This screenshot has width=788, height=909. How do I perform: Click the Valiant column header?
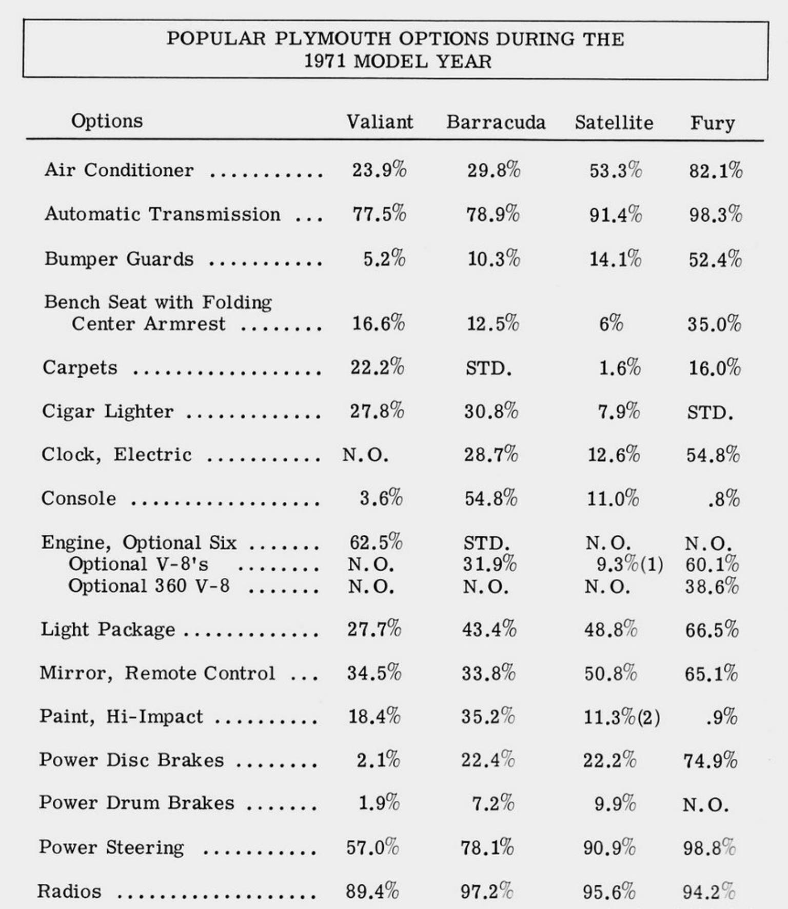379,122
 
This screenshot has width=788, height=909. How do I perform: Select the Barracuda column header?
496,123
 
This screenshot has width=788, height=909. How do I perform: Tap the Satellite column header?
614,123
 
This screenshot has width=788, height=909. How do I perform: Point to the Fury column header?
712,124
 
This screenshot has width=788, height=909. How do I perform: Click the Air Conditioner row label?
119,170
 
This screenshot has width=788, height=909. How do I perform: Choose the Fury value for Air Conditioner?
715,171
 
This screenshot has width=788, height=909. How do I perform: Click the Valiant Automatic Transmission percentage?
379,214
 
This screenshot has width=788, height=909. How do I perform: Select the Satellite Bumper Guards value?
615,259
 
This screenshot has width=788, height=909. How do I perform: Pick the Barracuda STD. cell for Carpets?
488,368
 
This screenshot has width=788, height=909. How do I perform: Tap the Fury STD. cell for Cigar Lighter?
710,412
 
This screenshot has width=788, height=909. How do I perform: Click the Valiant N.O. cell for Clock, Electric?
365,455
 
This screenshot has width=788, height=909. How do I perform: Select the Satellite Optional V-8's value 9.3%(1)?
629,564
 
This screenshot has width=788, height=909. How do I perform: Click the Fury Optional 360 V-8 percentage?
712,586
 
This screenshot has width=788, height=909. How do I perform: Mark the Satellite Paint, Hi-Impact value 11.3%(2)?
621,717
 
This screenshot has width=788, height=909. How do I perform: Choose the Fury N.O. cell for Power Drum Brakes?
705,804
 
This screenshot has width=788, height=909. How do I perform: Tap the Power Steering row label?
111,847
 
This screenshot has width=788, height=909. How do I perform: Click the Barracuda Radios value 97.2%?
486,891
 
